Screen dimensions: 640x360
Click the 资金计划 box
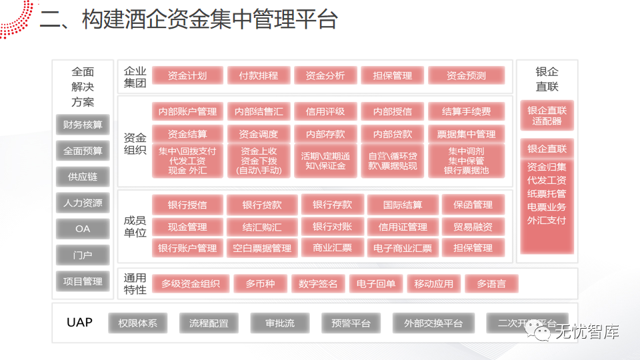187,75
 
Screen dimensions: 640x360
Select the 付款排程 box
258,75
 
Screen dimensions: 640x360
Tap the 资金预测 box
466,75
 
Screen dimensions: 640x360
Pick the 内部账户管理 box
187,111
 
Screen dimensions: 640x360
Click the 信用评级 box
325,111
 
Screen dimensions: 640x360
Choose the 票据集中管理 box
466,134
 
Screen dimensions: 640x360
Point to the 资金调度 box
258,134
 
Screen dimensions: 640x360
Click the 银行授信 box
187,205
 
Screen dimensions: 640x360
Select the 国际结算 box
403,205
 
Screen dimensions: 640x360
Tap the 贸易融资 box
473,227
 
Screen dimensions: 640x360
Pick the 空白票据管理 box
262,248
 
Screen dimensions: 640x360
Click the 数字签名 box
318,284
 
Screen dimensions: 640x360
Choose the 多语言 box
491,284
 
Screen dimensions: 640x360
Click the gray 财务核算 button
83,125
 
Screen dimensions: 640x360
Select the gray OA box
83,229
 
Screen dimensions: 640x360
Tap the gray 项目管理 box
83,281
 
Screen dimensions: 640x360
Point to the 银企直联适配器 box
547,116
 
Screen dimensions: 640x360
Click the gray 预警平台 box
351,323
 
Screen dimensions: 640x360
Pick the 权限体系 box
138,323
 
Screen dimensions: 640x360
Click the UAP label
79,323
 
